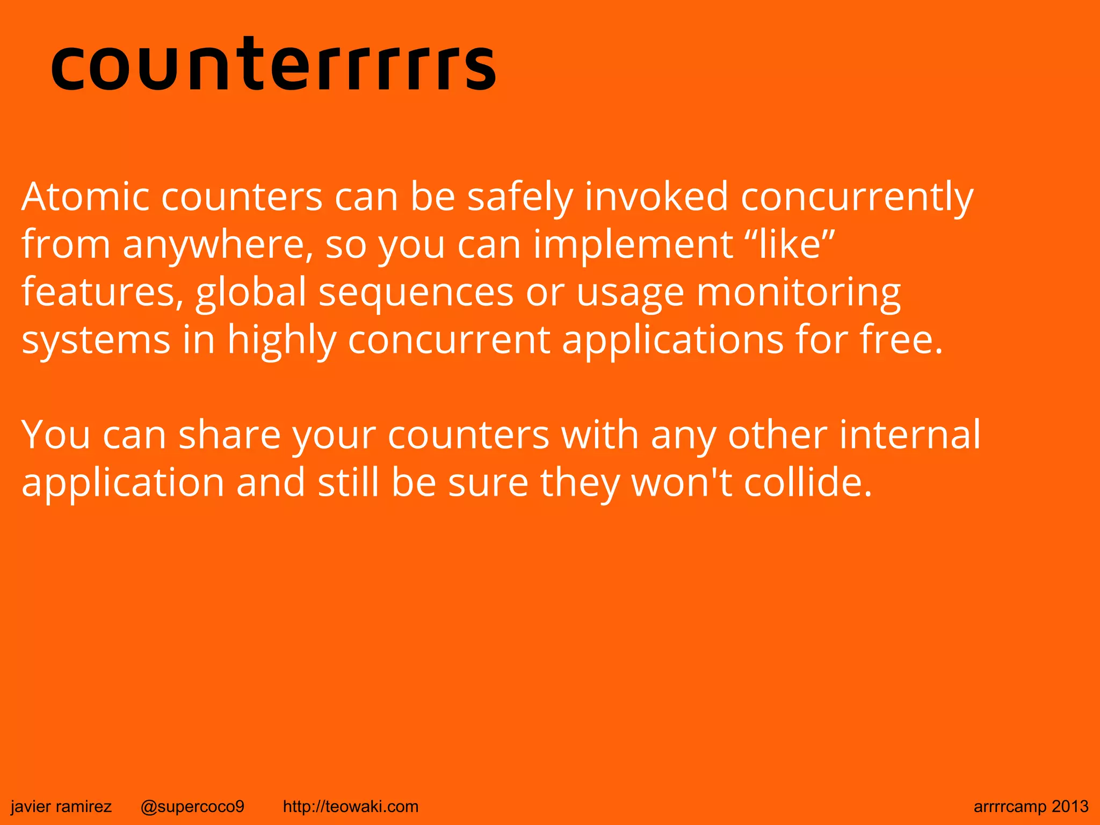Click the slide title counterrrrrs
point(273,64)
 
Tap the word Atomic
point(85,197)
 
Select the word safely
point(520,197)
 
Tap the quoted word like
point(790,244)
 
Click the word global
point(251,293)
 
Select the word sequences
point(416,293)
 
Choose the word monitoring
point(799,293)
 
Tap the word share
point(230,435)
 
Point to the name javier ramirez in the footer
point(61,806)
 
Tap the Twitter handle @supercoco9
point(192,806)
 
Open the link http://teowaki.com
point(350,806)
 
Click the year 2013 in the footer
point(1070,806)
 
